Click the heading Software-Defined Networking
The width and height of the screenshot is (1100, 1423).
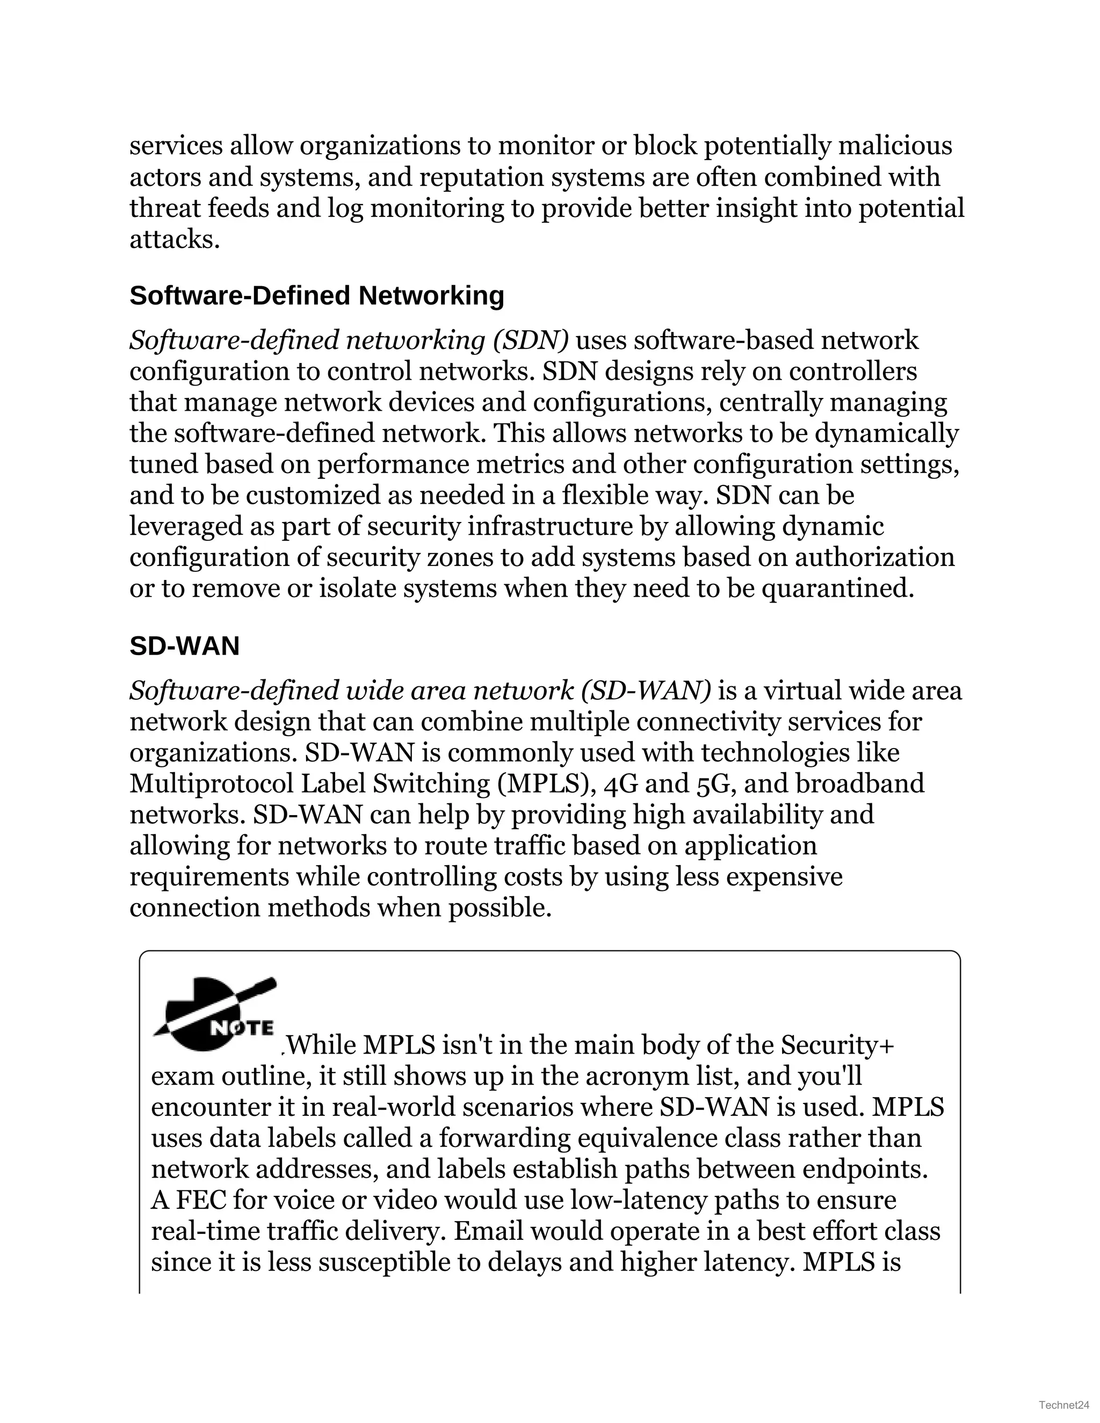pos(317,296)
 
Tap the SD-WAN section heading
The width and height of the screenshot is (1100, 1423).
pos(184,645)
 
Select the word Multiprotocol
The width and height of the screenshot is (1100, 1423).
pos(211,784)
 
